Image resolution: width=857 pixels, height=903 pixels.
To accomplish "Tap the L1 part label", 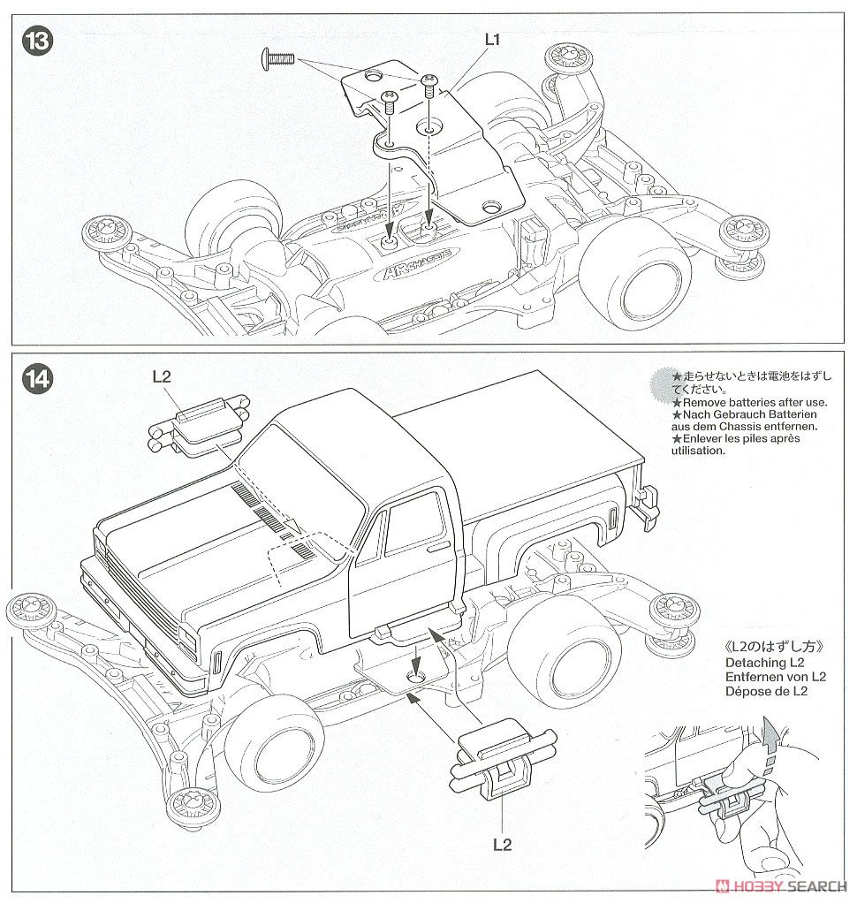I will [492, 39].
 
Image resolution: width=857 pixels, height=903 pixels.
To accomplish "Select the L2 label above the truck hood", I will [161, 376].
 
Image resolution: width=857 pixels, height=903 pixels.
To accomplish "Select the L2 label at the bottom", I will [502, 844].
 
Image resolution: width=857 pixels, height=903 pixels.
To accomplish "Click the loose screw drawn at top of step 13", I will [278, 59].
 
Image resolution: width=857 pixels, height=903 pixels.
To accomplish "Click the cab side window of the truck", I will [415, 525].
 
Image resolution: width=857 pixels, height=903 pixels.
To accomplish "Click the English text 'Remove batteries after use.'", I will [749, 402].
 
